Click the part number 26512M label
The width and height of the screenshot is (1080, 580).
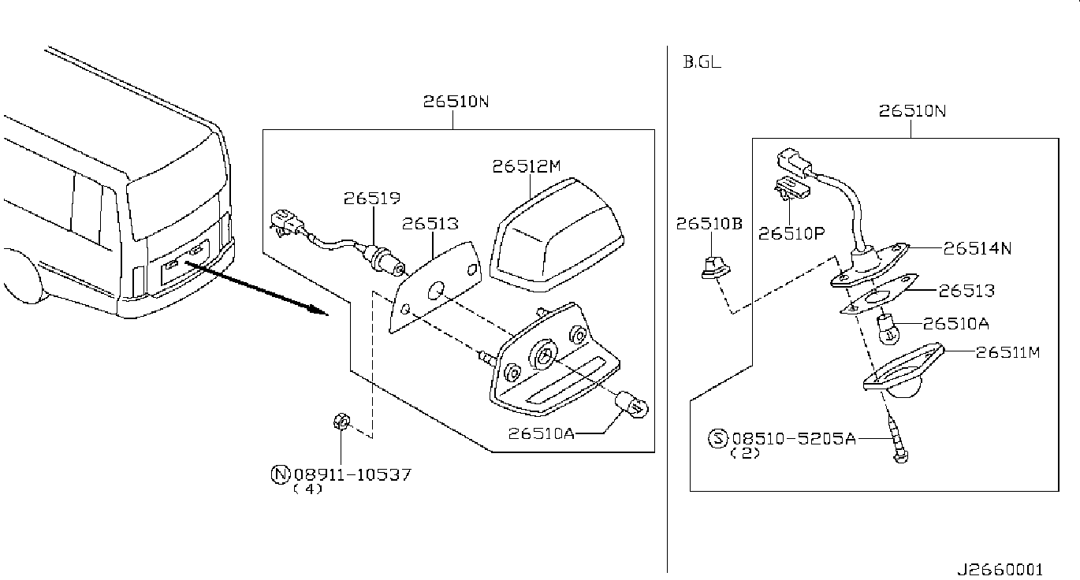tap(527, 166)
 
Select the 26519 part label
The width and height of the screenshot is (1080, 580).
tap(372, 198)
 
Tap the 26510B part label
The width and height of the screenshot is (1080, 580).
tap(709, 224)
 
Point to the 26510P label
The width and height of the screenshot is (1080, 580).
tap(791, 234)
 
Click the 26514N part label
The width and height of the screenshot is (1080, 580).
tap(978, 248)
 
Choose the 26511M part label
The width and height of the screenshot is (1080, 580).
tap(1008, 352)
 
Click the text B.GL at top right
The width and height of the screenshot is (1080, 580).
tap(702, 62)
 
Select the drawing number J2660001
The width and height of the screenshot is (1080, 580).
tap(1000, 570)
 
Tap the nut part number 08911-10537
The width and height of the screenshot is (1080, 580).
tap(352, 474)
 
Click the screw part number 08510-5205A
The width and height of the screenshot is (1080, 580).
tap(794, 438)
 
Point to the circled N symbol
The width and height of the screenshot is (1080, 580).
tap(280, 474)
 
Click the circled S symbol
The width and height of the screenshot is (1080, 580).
tap(717, 438)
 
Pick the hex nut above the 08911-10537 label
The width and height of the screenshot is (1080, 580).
tap(341, 422)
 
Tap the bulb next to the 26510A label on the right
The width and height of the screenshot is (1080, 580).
tap(888, 329)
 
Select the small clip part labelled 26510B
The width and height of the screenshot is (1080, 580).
tap(716, 268)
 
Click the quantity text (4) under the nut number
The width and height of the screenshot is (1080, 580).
tap(307, 489)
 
